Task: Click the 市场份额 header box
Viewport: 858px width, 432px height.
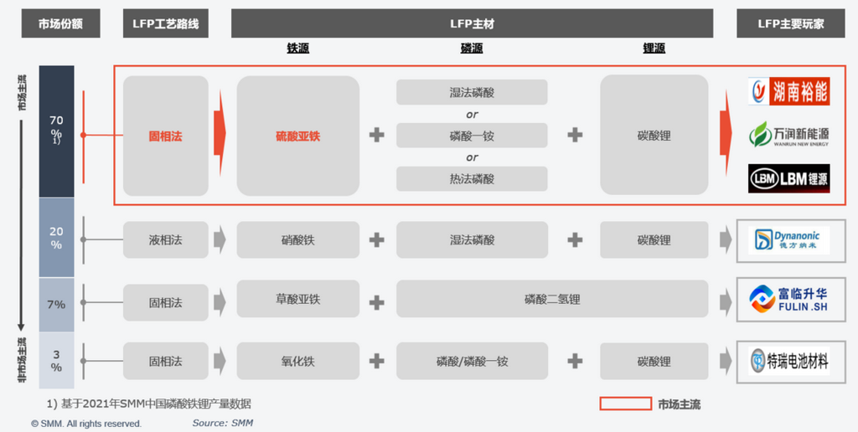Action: (60, 23)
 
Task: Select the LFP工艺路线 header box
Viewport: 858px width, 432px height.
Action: (166, 23)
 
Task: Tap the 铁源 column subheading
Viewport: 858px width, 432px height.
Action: (298, 48)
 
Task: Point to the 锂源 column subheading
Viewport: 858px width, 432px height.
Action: (654, 48)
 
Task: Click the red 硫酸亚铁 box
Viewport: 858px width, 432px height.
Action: (298, 136)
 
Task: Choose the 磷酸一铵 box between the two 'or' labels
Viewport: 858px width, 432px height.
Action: (472, 136)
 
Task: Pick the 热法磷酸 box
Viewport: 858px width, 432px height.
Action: (472, 179)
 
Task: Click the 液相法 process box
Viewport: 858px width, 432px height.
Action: (166, 239)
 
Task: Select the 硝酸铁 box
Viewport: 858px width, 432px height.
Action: (298, 239)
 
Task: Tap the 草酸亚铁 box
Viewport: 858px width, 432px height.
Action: (298, 299)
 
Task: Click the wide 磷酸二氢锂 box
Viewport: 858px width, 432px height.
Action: (552, 299)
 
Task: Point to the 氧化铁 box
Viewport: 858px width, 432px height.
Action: (298, 361)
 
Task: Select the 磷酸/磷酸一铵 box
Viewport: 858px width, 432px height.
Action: (473, 361)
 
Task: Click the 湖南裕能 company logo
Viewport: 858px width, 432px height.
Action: (789, 91)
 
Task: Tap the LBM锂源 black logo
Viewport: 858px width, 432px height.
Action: (789, 178)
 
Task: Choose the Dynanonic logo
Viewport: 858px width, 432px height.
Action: (789, 240)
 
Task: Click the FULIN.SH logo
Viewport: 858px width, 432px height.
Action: (789, 299)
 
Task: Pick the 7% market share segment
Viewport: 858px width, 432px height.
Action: (56, 305)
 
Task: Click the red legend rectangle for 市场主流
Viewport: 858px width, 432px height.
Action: (625, 404)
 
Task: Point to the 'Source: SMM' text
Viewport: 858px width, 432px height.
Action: (223, 423)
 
